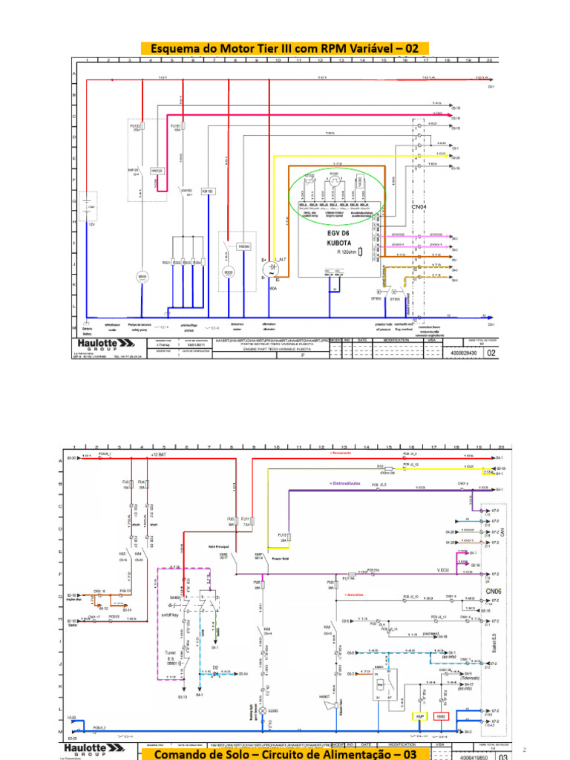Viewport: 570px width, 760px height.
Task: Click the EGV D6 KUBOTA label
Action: tap(338, 237)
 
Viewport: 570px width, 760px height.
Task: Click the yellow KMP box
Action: tap(419, 716)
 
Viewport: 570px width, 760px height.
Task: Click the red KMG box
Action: tap(440, 716)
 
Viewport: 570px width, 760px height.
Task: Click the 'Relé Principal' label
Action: tap(207, 547)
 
